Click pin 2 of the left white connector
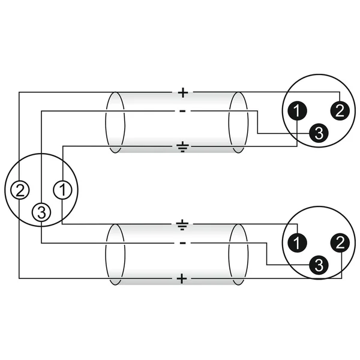click(x=20, y=190)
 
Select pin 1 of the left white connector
click(x=62, y=190)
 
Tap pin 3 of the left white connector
click(x=41, y=212)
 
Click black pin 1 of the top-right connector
click(x=298, y=111)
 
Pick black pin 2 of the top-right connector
click(x=340, y=111)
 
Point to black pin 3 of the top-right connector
click(x=319, y=133)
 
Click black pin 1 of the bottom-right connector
click(x=298, y=243)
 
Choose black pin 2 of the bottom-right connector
click(x=340, y=243)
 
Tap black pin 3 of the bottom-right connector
click(x=319, y=265)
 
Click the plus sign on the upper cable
click(x=183, y=92)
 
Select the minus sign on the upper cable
click(x=182, y=112)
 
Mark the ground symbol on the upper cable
click(x=182, y=148)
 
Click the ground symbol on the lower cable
click(x=182, y=225)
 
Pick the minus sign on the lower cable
click(x=182, y=243)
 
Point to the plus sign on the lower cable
click(x=182, y=279)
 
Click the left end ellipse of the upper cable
click(x=106, y=122)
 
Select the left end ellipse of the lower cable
click(x=106, y=254)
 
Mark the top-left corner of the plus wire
click(x=19, y=92)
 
